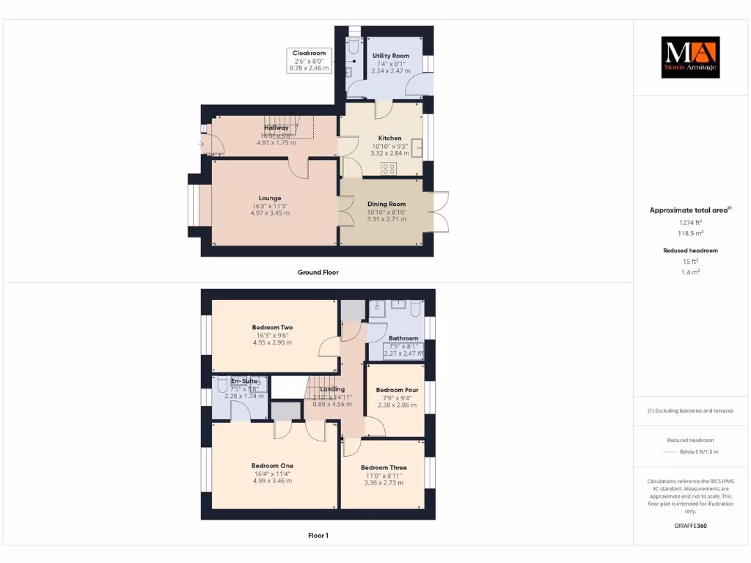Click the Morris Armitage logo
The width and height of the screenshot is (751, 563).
click(690, 57)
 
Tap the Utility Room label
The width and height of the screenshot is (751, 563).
click(390, 56)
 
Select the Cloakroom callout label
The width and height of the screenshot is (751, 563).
click(309, 53)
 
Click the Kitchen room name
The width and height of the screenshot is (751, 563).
click(389, 138)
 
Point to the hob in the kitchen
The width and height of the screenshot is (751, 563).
click(389, 168)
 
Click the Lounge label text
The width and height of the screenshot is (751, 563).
click(270, 198)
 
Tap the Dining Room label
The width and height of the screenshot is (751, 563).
click(386, 204)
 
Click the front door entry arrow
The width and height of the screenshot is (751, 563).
click(200, 144)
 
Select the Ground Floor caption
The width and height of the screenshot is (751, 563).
click(318, 272)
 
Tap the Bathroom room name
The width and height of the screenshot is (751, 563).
click(403, 338)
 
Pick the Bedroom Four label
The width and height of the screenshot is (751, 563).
click(395, 390)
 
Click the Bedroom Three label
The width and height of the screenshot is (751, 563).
click(384, 467)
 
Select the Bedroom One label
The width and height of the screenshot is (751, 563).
click(272, 466)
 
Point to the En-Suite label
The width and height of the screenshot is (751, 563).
click(243, 381)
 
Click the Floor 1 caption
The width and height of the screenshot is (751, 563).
click(318, 536)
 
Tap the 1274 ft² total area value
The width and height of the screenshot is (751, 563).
click(690, 222)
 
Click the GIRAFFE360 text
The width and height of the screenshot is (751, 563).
click(690, 526)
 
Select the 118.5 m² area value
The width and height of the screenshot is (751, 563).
click(690, 233)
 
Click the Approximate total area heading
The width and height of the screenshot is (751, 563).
click(690, 210)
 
